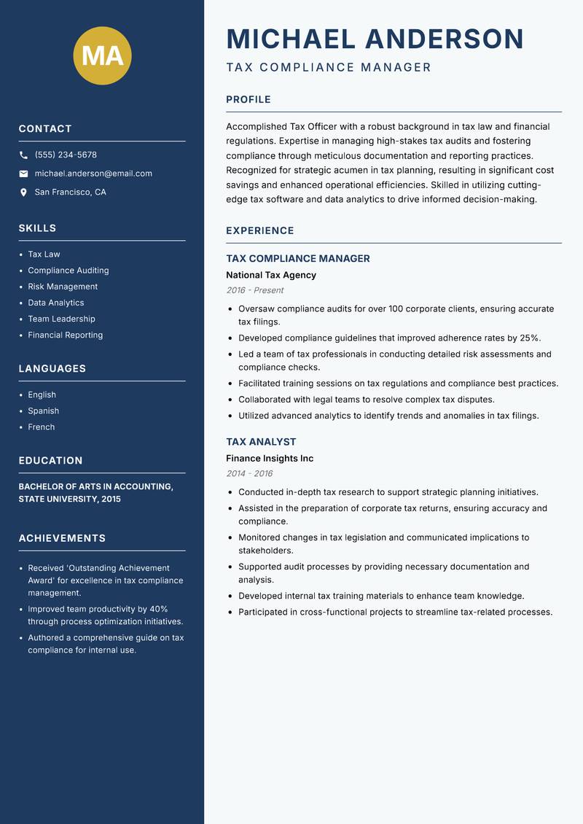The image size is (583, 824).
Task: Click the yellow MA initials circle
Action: [x=103, y=55]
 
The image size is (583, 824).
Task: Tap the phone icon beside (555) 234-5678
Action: [x=23, y=155]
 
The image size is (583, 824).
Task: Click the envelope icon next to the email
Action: [x=23, y=174]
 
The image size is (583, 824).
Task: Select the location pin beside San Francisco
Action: [x=23, y=193]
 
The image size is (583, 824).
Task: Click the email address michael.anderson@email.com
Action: [x=93, y=174]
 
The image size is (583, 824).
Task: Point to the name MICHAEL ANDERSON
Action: [x=375, y=39]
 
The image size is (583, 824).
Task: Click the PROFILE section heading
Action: [x=249, y=100]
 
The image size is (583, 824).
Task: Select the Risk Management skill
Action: [x=63, y=287]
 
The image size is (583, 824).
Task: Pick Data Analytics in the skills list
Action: [x=56, y=303]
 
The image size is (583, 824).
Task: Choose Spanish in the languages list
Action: [x=44, y=411]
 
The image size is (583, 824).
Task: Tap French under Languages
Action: [x=42, y=427]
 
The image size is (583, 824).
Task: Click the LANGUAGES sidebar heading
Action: [x=52, y=369]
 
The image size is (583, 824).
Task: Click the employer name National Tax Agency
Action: [x=271, y=275]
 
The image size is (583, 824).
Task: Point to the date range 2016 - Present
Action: [x=255, y=290]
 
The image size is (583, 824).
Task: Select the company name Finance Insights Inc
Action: [x=270, y=459]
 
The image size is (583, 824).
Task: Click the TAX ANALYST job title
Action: [x=261, y=442]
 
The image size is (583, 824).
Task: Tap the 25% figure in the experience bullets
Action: [x=529, y=338]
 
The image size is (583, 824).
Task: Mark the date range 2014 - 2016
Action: [x=249, y=474]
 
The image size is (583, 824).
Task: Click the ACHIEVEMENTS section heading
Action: [x=62, y=538]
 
